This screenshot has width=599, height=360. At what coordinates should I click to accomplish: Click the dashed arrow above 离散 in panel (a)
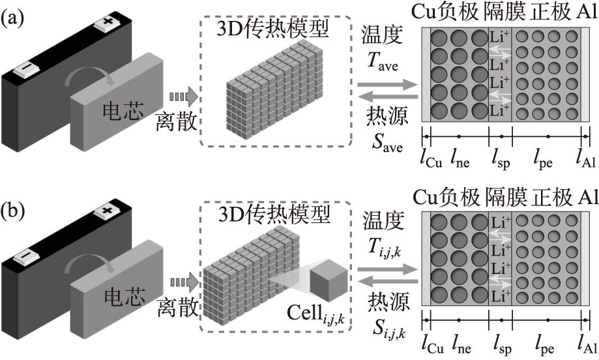(183, 97)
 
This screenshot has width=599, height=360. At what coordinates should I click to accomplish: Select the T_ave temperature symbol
(385, 63)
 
